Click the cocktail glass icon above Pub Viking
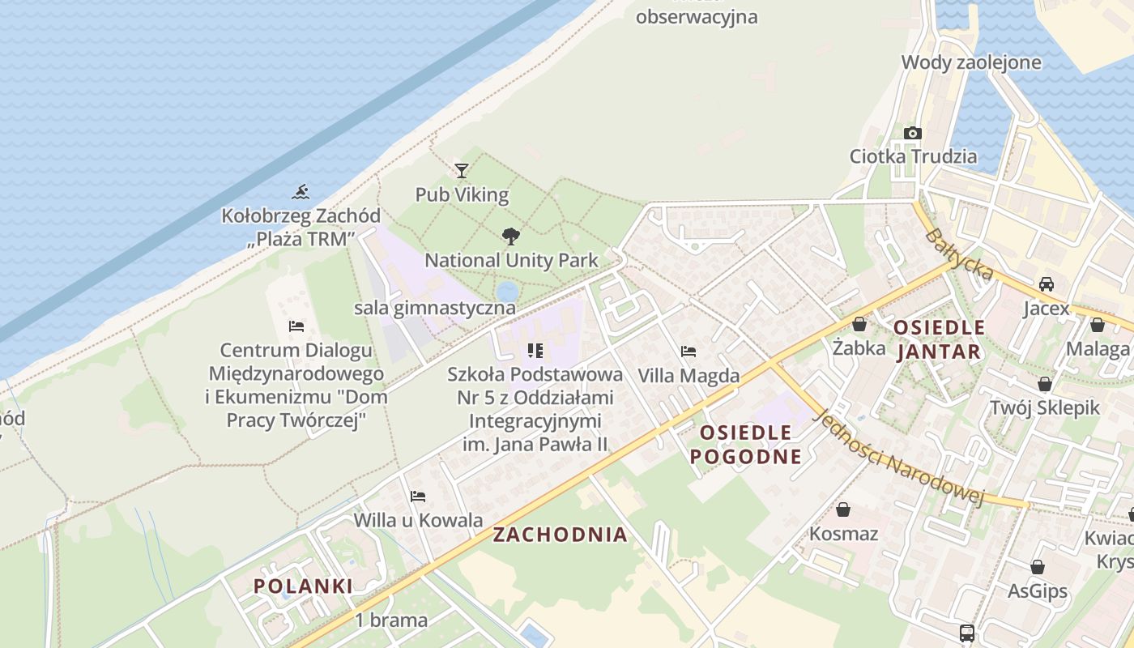pos(462,170)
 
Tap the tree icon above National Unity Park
pos(511,237)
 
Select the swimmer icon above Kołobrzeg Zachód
pos(301,192)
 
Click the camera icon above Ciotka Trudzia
pos(913,133)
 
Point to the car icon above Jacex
pos(1047,284)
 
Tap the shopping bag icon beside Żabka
pos(859,325)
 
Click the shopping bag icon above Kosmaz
pos(843,509)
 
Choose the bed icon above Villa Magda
pos(688,352)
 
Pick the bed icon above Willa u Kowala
pos(418,496)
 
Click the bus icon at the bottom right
pos(966,633)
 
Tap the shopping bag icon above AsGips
pos(1038,567)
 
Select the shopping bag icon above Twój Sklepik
pos(1045,384)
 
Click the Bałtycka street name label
pos(959,254)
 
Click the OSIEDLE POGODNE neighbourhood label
pos(745,444)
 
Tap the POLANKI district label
pos(303,586)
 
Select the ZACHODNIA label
pos(560,535)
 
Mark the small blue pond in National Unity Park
pos(507,291)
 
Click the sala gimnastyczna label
pos(435,308)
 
